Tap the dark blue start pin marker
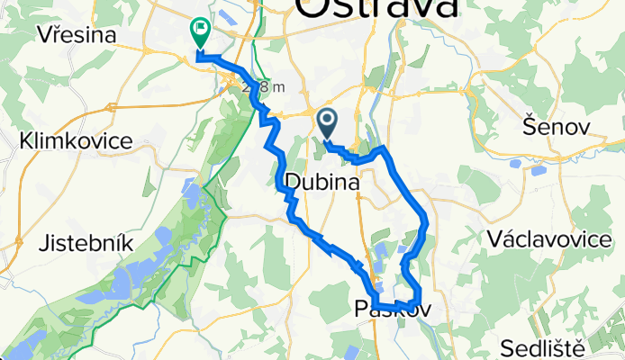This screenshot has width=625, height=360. (326, 121)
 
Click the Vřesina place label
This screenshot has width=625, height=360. (78, 35)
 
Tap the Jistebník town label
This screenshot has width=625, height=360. (88, 243)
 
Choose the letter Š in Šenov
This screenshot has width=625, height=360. (529, 128)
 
